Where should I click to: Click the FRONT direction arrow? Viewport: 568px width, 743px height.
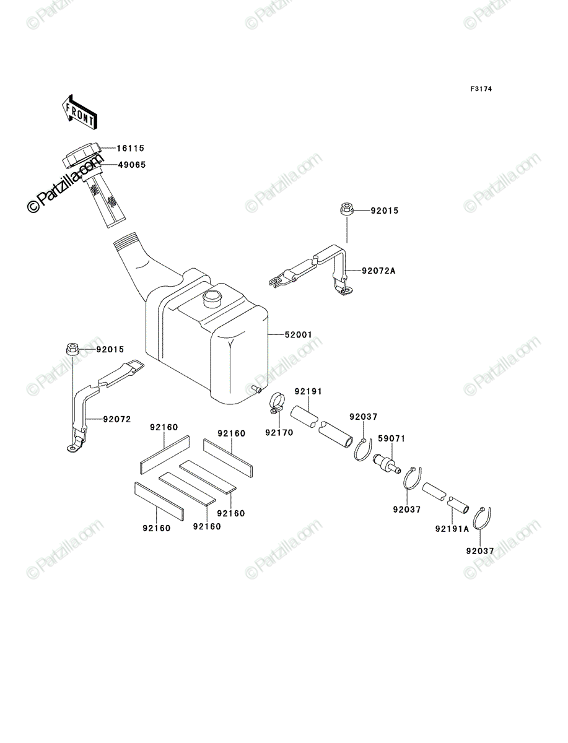(x=80, y=112)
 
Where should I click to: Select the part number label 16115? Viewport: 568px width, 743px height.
(x=131, y=148)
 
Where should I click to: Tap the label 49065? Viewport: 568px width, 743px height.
(x=132, y=165)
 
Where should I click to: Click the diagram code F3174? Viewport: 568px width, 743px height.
(x=481, y=89)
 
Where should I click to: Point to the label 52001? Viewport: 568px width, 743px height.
(x=298, y=335)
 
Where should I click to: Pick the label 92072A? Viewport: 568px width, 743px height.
(x=378, y=271)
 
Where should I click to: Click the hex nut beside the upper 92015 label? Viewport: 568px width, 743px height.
(x=347, y=209)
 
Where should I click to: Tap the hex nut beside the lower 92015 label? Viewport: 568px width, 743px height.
(x=72, y=349)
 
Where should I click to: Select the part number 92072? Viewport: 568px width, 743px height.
(x=117, y=419)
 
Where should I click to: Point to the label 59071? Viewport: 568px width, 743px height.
(x=391, y=439)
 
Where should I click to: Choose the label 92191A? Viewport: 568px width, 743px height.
(x=452, y=529)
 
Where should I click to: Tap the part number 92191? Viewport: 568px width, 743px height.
(x=308, y=391)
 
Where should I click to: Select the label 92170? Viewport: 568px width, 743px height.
(x=279, y=433)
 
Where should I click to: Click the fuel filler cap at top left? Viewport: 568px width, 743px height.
(x=83, y=155)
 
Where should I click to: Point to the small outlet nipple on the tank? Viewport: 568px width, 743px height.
(x=256, y=389)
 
